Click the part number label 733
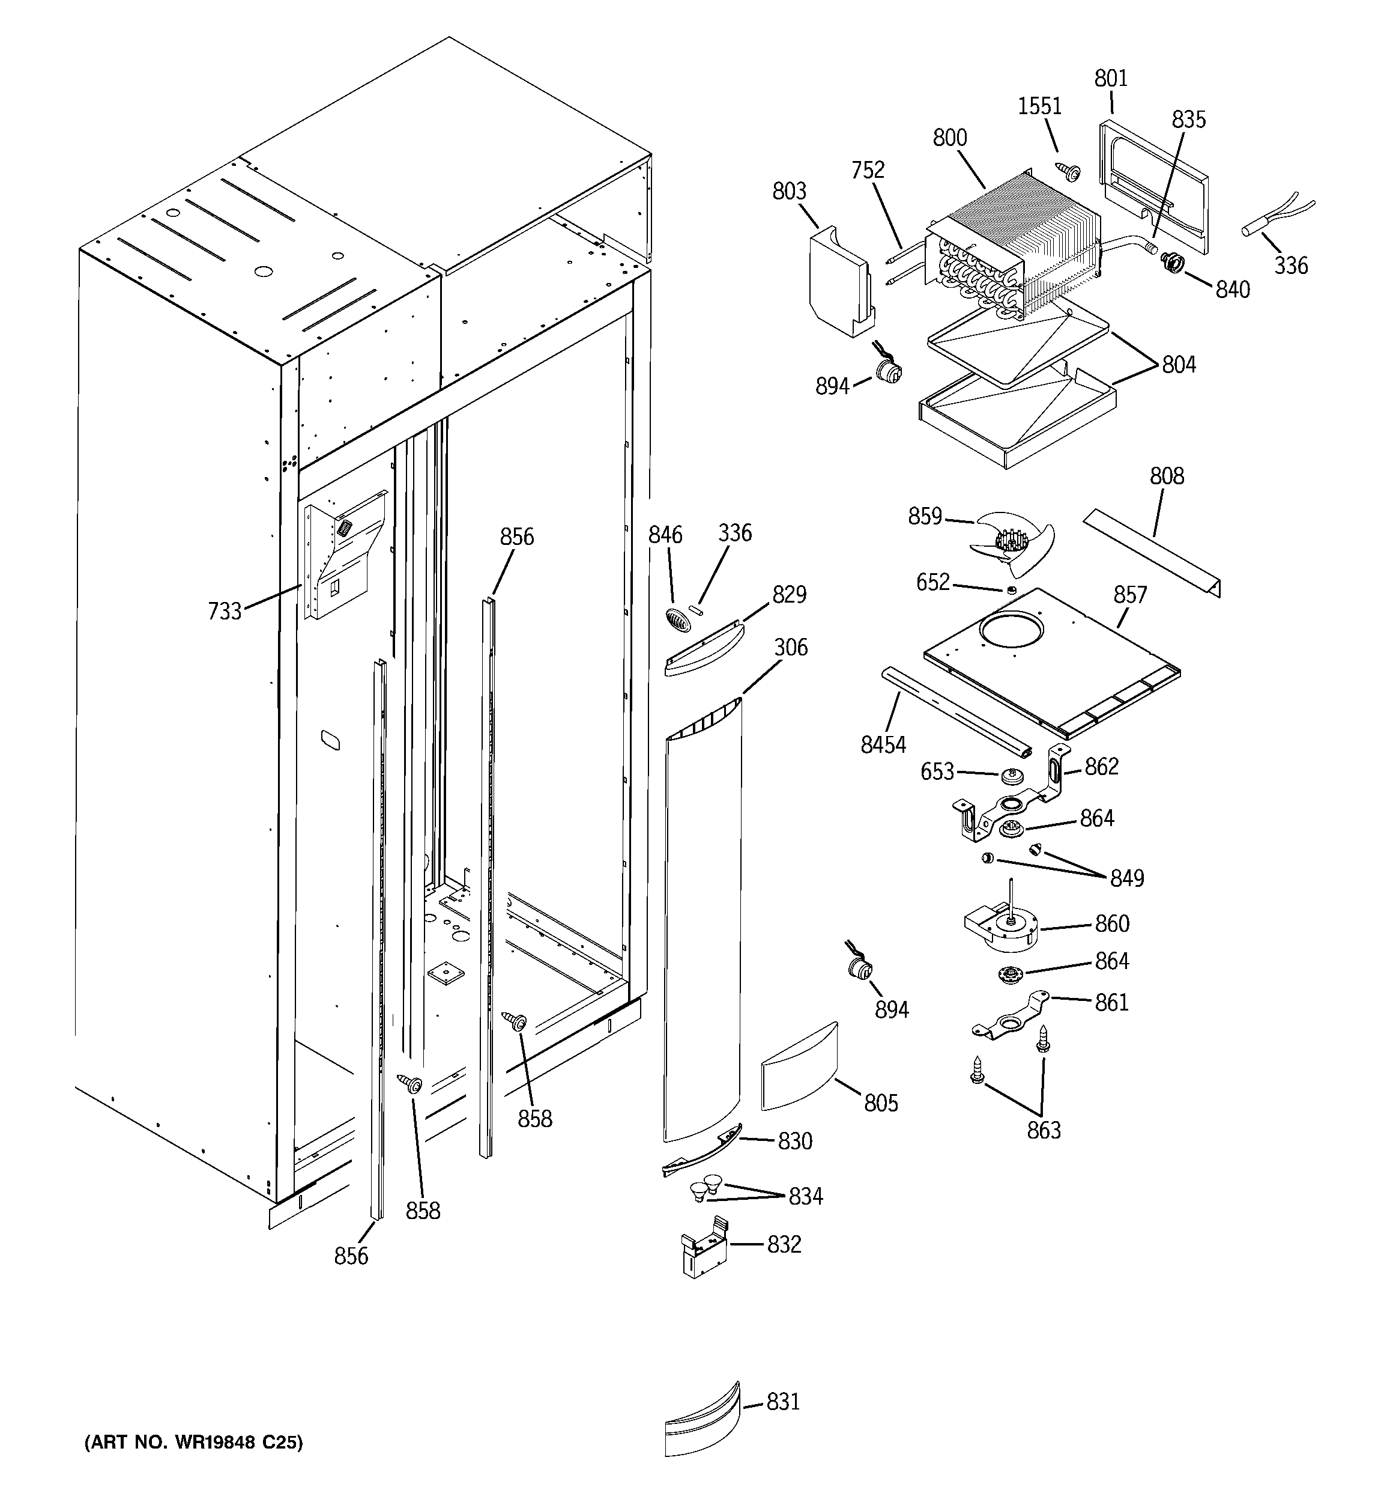[225, 611]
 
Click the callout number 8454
[883, 744]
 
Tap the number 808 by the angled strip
[1167, 476]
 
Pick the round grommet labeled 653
[1012, 776]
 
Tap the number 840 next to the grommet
[1232, 290]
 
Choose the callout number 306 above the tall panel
[790, 647]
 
